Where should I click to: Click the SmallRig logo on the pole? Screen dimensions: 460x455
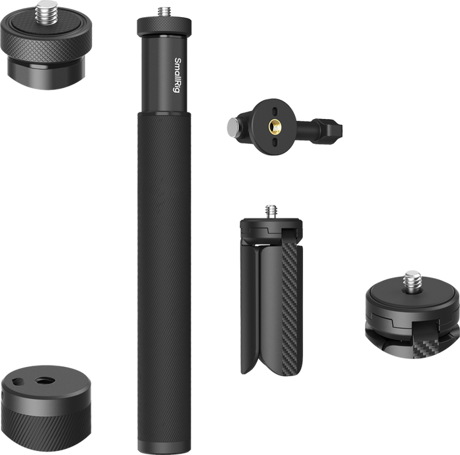177,75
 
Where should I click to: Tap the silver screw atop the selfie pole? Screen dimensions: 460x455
164,12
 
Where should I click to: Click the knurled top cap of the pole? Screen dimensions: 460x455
164,26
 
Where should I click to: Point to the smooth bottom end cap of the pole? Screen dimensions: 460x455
164,446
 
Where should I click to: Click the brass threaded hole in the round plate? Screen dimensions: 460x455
273,127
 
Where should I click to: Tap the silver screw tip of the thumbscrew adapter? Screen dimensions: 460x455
232,127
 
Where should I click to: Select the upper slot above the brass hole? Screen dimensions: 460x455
275,112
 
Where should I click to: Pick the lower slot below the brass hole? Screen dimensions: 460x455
273,142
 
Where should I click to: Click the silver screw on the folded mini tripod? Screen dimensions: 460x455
271,211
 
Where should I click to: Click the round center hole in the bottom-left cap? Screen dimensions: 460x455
45,381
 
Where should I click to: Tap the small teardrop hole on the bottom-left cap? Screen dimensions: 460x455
18,381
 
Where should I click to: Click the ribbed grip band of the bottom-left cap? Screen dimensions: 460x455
45,431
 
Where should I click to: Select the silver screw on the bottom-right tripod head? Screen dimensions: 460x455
412,280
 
